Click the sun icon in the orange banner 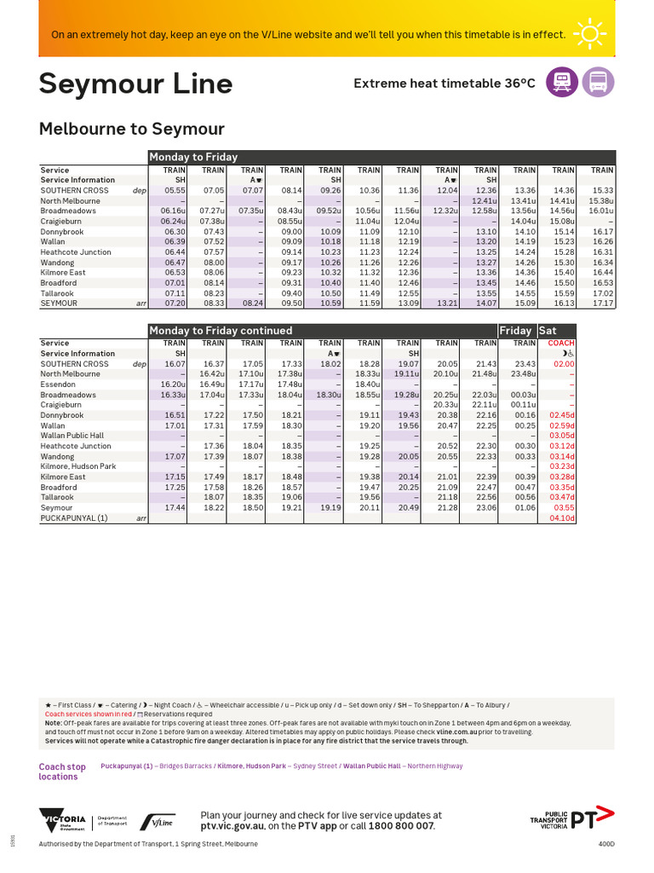click(589, 34)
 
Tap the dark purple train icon click(562, 83)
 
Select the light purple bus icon click(598, 83)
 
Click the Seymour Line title click(135, 84)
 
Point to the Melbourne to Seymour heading click(132, 129)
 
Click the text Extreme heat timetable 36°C click(445, 83)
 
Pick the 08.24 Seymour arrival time click(251, 303)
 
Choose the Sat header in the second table click(548, 330)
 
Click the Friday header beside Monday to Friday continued click(515, 330)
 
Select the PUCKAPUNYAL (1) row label click(74, 517)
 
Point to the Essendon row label click(58, 384)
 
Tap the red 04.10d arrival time click(562, 517)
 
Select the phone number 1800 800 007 click(401, 826)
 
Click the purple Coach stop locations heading click(62, 772)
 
